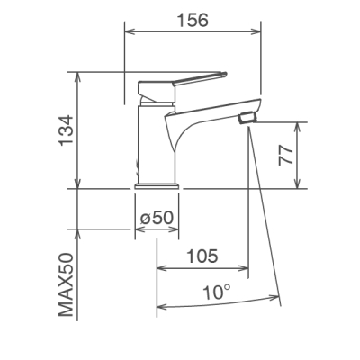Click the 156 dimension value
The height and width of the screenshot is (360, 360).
[x=193, y=21]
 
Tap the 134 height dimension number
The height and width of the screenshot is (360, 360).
[x=67, y=130]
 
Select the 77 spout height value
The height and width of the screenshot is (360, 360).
[x=286, y=156]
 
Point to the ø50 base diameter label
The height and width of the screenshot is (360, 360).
[x=157, y=217]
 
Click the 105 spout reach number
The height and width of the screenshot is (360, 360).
[x=202, y=256]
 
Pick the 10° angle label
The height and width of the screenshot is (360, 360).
[x=217, y=292]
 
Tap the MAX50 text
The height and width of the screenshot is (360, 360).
[x=66, y=284]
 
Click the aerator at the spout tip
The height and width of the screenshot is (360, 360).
[x=247, y=117]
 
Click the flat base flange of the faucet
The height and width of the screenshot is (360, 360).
[x=157, y=186]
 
